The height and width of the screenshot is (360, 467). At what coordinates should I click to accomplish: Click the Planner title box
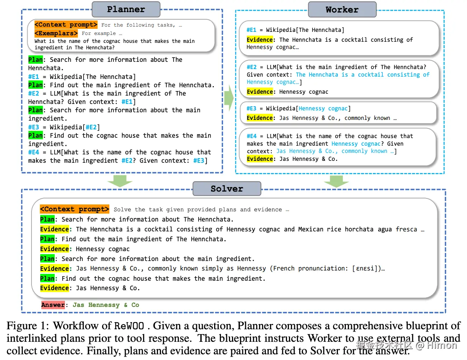point(126,9)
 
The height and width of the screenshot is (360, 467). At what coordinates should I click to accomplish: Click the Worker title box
point(342,10)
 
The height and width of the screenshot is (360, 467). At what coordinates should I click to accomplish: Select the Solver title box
point(227,189)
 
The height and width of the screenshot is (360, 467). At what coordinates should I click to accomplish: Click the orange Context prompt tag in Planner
point(66,25)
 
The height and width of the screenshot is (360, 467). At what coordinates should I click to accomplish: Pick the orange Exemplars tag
point(56,33)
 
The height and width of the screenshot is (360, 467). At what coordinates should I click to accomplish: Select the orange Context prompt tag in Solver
point(75,209)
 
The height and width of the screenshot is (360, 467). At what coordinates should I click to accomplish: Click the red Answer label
point(53,305)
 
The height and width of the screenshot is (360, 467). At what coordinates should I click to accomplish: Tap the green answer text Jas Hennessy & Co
point(106,305)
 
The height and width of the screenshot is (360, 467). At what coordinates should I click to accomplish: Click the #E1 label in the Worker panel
point(252,30)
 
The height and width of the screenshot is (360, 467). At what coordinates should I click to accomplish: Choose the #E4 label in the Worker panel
point(252,136)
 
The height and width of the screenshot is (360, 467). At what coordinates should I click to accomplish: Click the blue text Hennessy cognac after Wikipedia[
point(323,108)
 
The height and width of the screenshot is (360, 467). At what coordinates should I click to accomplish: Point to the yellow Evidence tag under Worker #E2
point(260,92)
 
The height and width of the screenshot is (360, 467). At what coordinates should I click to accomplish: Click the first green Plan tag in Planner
point(35,60)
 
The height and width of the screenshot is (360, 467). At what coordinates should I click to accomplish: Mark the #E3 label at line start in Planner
point(33,127)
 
